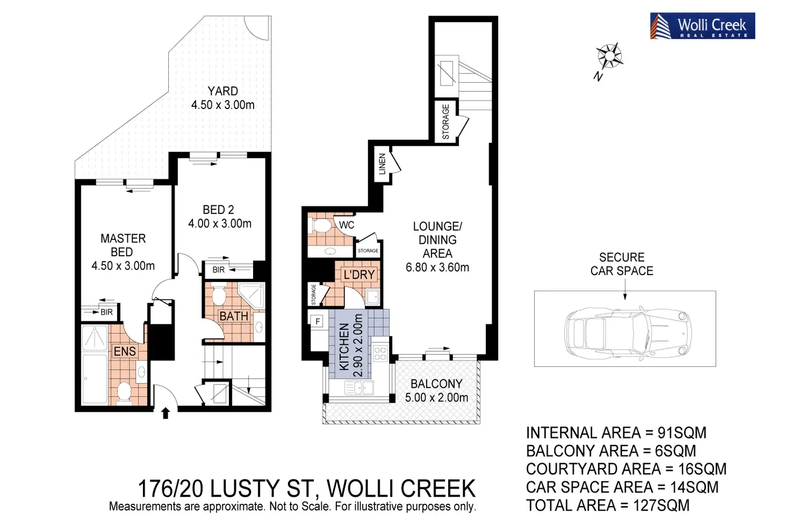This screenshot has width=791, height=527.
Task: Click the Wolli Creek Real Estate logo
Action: (702, 26)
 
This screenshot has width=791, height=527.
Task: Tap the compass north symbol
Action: (609, 56)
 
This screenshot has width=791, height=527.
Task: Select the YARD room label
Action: (223, 91)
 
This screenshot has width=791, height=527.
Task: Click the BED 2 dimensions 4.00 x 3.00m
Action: (220, 223)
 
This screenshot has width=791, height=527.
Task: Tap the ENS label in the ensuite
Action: (125, 351)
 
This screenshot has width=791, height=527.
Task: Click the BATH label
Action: (234, 316)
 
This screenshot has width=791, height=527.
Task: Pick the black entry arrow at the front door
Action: (166, 413)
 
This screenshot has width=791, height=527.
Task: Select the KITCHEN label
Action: (344, 346)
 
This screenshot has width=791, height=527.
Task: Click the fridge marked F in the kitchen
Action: (318, 321)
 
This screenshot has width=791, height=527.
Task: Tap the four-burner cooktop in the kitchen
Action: (380, 353)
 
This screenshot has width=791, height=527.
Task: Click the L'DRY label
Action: (359, 275)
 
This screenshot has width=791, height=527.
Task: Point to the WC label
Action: (347, 225)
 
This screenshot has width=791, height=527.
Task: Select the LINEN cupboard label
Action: (383, 164)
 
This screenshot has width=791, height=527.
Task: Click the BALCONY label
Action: (436, 384)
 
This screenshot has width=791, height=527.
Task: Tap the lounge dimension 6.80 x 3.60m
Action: (437, 267)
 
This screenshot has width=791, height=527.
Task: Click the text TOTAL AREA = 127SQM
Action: (607, 506)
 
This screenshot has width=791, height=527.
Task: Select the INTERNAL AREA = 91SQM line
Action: (616, 433)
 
